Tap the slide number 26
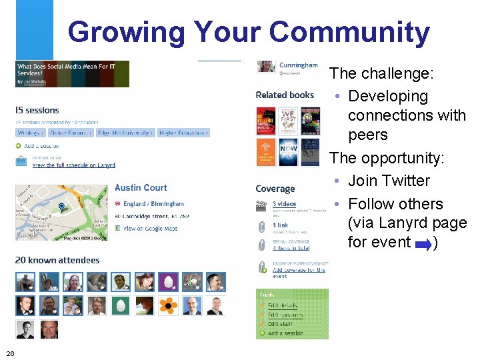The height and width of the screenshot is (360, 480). [x=10, y=353]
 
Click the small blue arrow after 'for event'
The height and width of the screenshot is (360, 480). [x=423, y=243]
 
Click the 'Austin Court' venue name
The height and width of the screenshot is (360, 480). [x=141, y=188]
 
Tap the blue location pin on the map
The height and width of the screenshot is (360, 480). [x=61, y=207]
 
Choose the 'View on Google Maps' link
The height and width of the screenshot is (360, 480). [x=151, y=228]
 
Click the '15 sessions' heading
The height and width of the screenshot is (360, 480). [x=37, y=110]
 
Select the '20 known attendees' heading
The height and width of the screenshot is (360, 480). [x=57, y=260]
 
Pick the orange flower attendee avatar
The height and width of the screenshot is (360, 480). [x=169, y=306]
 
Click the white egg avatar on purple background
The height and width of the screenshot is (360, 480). [x=168, y=282]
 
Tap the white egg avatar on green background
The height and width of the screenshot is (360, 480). [x=121, y=306]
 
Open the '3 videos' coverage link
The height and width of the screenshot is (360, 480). [x=284, y=203]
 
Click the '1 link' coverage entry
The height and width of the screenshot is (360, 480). [x=280, y=225]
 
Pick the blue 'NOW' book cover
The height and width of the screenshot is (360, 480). [x=288, y=151]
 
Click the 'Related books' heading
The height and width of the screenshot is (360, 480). [x=285, y=95]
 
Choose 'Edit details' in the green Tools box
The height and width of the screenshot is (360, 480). [x=285, y=305]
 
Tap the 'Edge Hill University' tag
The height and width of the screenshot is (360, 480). [x=125, y=133]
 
